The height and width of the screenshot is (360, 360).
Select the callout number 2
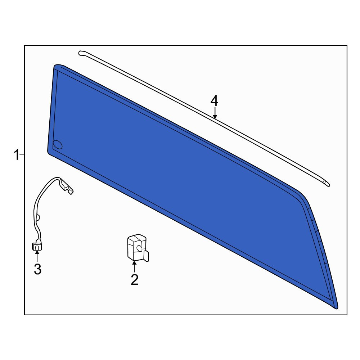[x=135, y=279]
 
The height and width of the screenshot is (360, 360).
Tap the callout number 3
[x=38, y=269]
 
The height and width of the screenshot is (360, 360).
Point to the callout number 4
[x=215, y=101]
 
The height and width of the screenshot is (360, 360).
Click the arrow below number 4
[x=215, y=113]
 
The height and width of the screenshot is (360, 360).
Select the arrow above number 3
[x=37, y=256]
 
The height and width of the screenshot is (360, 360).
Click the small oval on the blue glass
[x=58, y=144]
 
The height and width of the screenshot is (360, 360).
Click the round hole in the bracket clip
[x=139, y=248]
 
